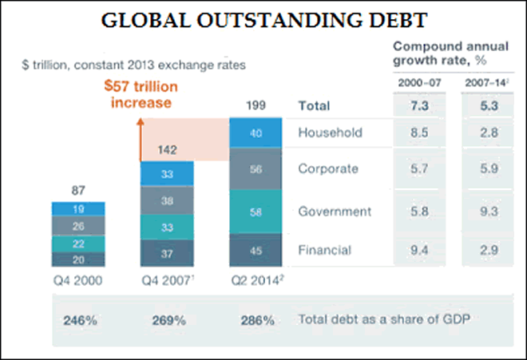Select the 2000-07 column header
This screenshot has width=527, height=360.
click(420, 84)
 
